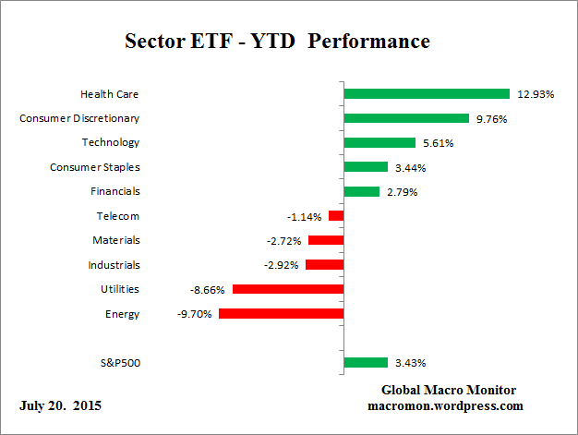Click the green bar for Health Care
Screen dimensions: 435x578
426,93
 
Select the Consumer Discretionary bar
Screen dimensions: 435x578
406,118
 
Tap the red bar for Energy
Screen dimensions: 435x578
281,314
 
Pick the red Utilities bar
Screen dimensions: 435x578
288,289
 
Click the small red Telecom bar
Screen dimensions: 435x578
336,216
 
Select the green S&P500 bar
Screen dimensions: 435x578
365,363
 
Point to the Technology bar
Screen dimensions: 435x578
379,142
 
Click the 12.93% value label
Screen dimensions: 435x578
536,94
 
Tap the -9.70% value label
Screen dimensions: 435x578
195,314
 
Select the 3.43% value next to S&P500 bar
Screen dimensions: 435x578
411,363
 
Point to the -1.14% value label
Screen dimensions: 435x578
305,217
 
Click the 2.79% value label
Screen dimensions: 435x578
403,192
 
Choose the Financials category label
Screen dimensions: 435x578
115,191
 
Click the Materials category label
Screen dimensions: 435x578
116,240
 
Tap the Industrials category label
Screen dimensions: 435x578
114,265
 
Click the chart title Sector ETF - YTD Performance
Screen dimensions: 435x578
277,42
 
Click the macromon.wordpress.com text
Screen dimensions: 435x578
446,405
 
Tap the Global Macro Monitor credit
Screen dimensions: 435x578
448,390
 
